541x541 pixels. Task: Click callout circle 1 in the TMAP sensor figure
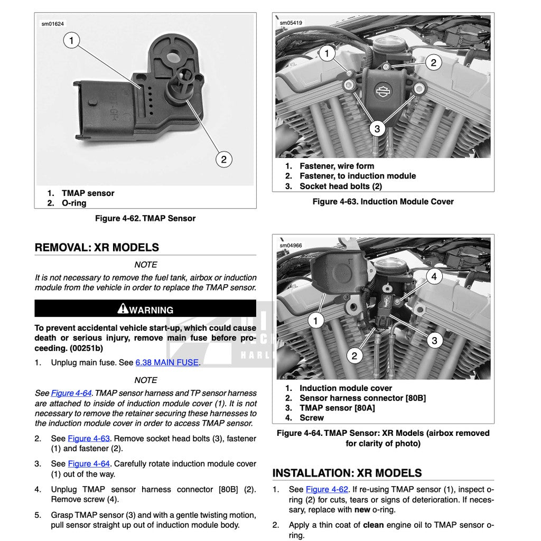(x=71, y=40)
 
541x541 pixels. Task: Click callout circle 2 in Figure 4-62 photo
(x=223, y=159)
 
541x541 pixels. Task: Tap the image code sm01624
(x=53, y=24)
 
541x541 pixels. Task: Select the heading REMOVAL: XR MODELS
(x=97, y=247)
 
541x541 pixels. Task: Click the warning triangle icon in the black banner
(x=123, y=309)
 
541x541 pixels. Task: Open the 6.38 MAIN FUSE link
(x=167, y=362)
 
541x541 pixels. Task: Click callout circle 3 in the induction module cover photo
(x=377, y=128)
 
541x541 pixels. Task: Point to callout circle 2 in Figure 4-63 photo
(x=433, y=63)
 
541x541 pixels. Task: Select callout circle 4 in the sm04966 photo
(x=434, y=276)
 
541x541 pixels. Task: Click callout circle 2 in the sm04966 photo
(x=354, y=356)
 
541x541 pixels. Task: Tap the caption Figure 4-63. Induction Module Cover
(x=383, y=201)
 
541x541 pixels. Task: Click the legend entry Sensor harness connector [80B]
(x=362, y=398)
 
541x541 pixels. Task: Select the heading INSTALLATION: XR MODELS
(x=347, y=473)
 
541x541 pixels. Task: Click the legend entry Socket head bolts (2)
(x=340, y=186)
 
